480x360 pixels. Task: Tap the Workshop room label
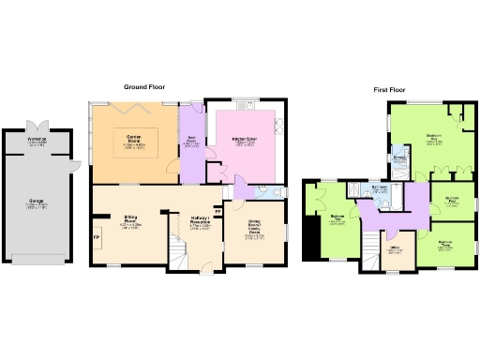(x=38, y=142)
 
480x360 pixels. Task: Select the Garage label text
(x=38, y=203)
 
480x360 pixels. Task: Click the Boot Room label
(x=192, y=143)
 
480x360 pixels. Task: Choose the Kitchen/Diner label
(x=246, y=142)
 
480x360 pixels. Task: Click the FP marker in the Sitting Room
(x=97, y=238)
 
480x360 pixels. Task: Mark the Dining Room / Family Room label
(x=256, y=230)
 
